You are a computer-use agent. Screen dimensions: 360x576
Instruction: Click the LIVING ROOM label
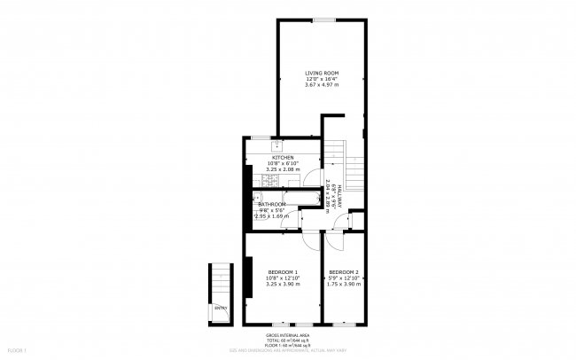pyautogui.click(x=322, y=73)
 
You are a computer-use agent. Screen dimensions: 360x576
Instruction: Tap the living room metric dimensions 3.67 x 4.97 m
pyautogui.click(x=322, y=84)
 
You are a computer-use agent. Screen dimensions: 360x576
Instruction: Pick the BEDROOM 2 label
pyautogui.click(x=343, y=271)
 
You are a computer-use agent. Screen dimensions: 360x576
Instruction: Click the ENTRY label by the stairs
pyautogui.click(x=220, y=308)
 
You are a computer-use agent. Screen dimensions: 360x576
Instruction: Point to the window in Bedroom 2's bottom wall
pyautogui.click(x=342, y=324)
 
